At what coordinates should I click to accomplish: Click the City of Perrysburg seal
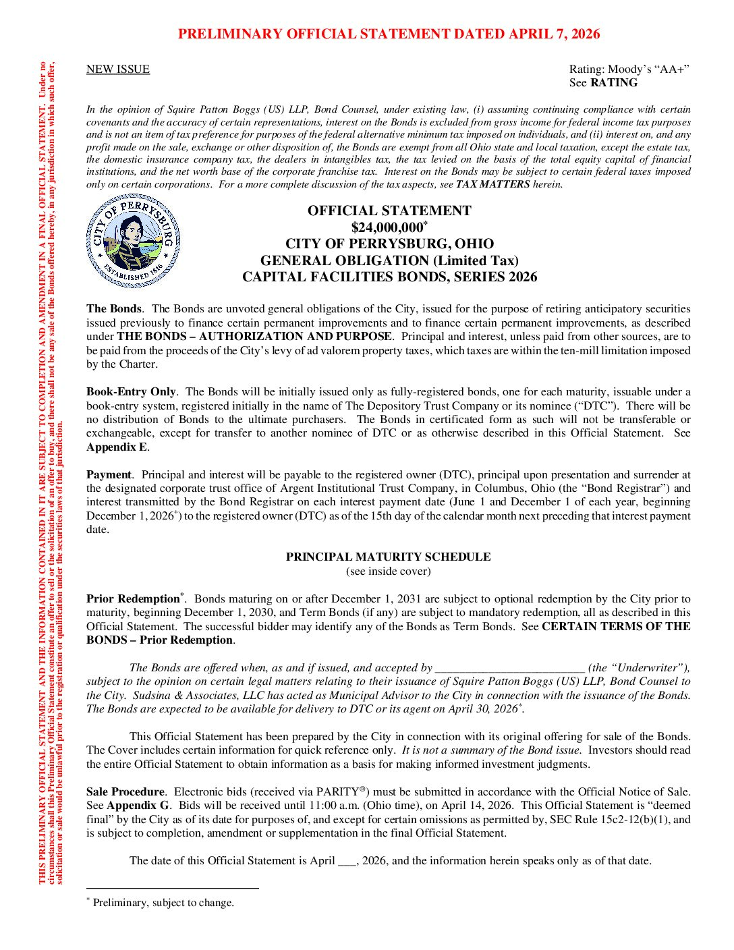point(133,242)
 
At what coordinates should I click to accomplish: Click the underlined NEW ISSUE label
point(118,69)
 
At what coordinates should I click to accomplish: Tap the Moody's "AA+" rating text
point(629,69)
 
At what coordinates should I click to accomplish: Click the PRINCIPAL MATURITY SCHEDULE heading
point(388,557)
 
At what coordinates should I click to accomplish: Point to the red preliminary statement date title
point(389,34)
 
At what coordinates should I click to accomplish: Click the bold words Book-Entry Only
point(130,392)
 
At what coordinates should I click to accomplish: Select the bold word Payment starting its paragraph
point(109,475)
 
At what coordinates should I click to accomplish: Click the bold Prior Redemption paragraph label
point(133,599)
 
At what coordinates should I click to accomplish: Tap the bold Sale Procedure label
point(125,792)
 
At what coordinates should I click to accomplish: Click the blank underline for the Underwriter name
point(509,669)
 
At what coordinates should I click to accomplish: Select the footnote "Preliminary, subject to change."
point(163,903)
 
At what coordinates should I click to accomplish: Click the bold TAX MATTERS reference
point(492,185)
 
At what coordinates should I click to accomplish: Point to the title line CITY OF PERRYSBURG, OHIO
point(389,244)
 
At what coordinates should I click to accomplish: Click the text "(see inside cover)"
point(388,571)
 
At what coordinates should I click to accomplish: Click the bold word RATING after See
point(613,83)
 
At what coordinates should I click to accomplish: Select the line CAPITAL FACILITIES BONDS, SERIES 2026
point(389,277)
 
